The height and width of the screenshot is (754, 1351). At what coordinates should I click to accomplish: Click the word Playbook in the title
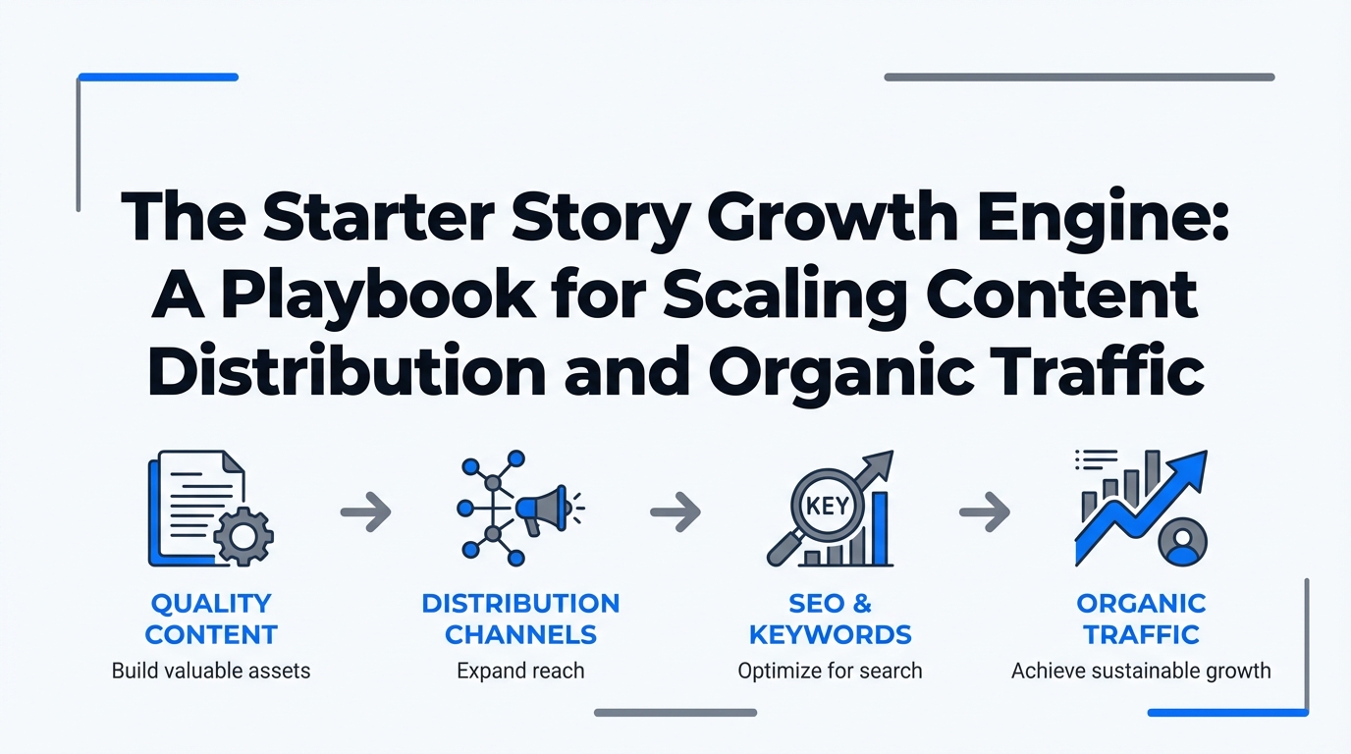(378, 296)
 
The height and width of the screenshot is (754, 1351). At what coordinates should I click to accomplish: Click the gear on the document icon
(243, 536)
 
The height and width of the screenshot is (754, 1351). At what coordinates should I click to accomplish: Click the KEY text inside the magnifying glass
(828, 506)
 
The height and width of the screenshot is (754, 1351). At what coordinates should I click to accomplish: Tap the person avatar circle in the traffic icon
(1183, 542)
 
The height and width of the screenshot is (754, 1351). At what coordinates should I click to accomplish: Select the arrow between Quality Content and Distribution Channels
(365, 512)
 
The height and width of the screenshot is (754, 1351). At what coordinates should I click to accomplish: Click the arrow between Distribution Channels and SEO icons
(675, 512)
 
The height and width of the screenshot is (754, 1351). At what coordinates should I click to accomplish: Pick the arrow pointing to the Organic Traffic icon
(985, 512)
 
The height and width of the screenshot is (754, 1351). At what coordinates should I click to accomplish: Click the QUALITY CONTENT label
(211, 619)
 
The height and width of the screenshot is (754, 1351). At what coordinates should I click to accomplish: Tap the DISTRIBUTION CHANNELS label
(520, 619)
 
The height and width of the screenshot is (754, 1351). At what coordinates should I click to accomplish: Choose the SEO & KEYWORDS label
(830, 619)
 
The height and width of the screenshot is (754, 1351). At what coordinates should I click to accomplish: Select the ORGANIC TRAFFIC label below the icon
(1141, 619)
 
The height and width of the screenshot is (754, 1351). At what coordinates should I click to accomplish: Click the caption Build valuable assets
(211, 671)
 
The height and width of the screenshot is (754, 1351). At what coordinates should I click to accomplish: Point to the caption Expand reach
(520, 672)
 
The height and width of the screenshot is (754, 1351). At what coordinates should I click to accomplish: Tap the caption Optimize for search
(830, 672)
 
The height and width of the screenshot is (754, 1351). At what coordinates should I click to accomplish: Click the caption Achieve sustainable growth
(1141, 672)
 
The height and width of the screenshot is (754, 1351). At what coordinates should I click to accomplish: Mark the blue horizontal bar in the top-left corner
(158, 78)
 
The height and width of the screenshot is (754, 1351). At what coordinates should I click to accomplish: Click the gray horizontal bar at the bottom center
(675, 713)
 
